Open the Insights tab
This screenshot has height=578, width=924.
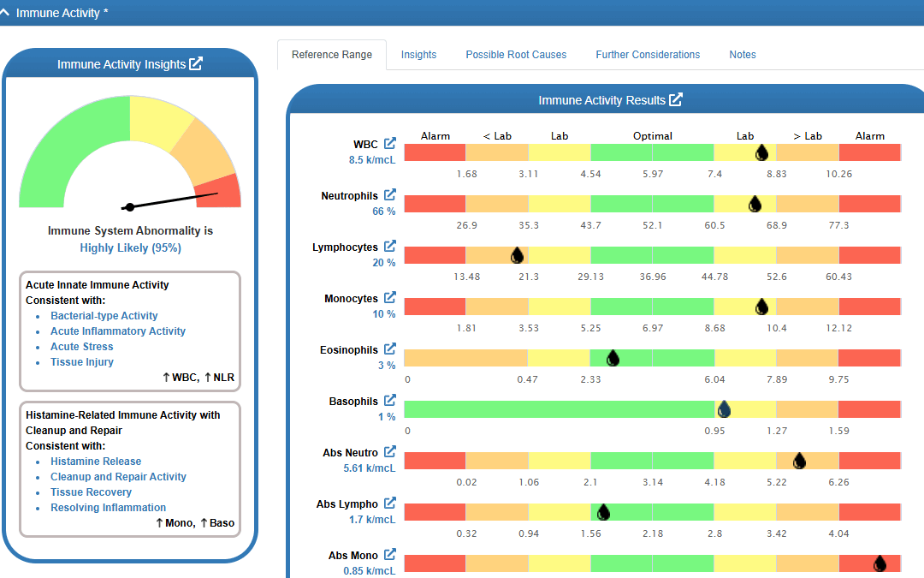tap(418, 55)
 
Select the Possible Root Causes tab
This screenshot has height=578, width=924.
tap(516, 55)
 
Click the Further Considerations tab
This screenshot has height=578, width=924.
tap(648, 55)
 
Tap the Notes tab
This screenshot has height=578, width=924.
tap(743, 55)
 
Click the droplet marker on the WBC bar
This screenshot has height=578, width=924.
tap(761, 152)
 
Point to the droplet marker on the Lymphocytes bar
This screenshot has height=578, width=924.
tap(517, 255)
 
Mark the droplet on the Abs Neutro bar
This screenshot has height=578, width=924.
tap(799, 461)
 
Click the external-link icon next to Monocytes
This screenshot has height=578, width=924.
tap(389, 297)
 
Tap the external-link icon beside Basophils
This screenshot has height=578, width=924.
tap(389, 400)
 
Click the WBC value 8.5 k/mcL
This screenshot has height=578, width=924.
tap(372, 160)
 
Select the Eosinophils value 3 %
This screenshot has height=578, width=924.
tap(387, 365)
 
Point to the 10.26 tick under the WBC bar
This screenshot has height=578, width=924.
tap(838, 174)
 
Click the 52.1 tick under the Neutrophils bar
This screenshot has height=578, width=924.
tap(652, 225)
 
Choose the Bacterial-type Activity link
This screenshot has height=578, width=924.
tap(104, 315)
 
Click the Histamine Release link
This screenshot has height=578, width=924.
tap(96, 462)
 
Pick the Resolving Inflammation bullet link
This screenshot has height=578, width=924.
tap(108, 507)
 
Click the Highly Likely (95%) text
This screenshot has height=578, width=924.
tap(130, 247)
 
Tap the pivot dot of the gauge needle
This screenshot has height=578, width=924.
tap(130, 207)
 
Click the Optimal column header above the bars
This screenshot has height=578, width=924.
tap(652, 136)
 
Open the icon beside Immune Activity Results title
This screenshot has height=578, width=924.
tap(675, 99)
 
